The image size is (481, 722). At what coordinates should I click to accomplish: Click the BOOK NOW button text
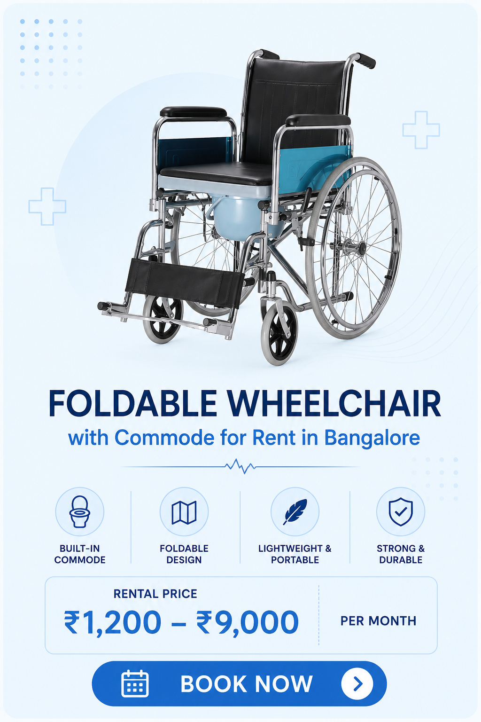click(x=247, y=683)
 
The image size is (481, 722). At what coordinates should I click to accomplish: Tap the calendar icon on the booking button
click(x=135, y=683)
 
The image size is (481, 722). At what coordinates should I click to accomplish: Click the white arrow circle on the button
click(x=357, y=683)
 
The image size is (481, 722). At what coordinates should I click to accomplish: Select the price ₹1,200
click(x=112, y=622)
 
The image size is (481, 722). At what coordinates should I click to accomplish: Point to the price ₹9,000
click(x=248, y=622)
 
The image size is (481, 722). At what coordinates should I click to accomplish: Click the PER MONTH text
click(x=378, y=621)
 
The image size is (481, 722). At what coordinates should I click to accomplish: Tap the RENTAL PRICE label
click(x=155, y=594)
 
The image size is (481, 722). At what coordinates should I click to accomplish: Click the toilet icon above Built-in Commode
click(x=79, y=511)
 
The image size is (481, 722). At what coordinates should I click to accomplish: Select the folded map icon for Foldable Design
click(x=184, y=512)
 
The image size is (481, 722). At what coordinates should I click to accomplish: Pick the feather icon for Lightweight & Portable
click(x=295, y=512)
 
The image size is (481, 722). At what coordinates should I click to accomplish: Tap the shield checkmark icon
click(x=401, y=512)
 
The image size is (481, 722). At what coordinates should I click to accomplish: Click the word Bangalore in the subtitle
click(x=372, y=438)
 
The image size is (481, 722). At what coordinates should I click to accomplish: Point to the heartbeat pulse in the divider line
click(x=240, y=466)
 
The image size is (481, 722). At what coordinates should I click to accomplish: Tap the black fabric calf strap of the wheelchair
click(x=184, y=281)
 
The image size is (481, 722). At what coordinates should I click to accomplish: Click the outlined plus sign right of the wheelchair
click(x=421, y=130)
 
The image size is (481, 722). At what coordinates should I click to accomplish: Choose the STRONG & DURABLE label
click(x=401, y=554)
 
